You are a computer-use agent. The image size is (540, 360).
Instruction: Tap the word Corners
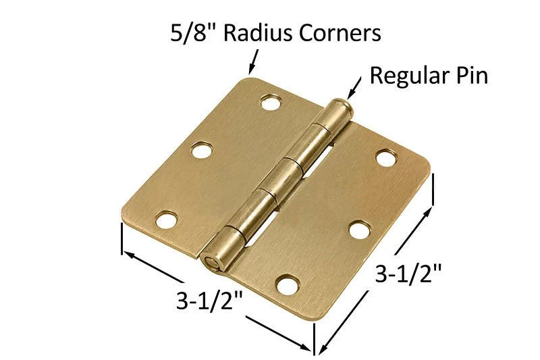click(x=340, y=33)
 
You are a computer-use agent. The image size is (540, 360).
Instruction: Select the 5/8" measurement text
click(x=194, y=33)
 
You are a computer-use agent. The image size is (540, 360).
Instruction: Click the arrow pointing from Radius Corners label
click(x=254, y=62)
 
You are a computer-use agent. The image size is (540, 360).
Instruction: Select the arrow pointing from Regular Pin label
click(x=354, y=88)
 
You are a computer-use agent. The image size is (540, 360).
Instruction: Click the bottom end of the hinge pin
click(x=209, y=261)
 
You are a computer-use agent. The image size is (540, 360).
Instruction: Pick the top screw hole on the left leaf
click(x=271, y=102)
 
